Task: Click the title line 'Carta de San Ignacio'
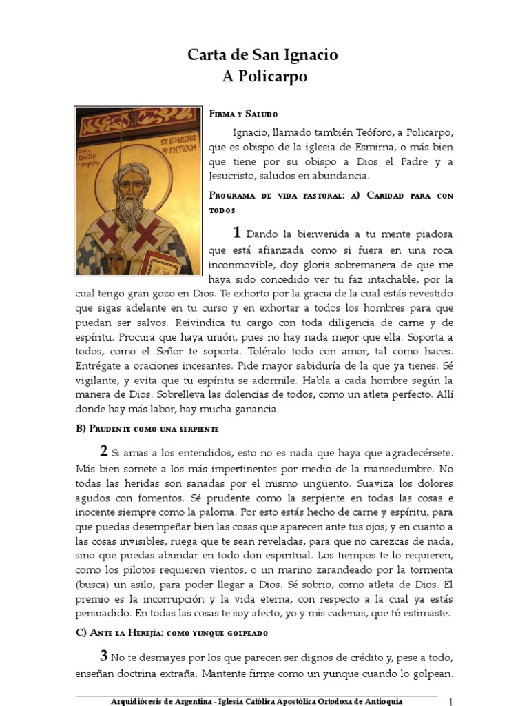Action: [264, 55]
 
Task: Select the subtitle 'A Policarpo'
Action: [264, 77]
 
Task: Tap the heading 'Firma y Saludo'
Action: [243, 113]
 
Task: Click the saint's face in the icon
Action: [132, 183]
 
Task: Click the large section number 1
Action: [237, 233]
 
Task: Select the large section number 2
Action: [103, 452]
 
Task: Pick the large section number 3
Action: [103, 656]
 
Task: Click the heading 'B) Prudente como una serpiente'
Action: [147, 429]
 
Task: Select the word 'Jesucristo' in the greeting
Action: [234, 176]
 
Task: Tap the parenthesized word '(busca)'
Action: [93, 585]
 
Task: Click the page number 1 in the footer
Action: [450, 701]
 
